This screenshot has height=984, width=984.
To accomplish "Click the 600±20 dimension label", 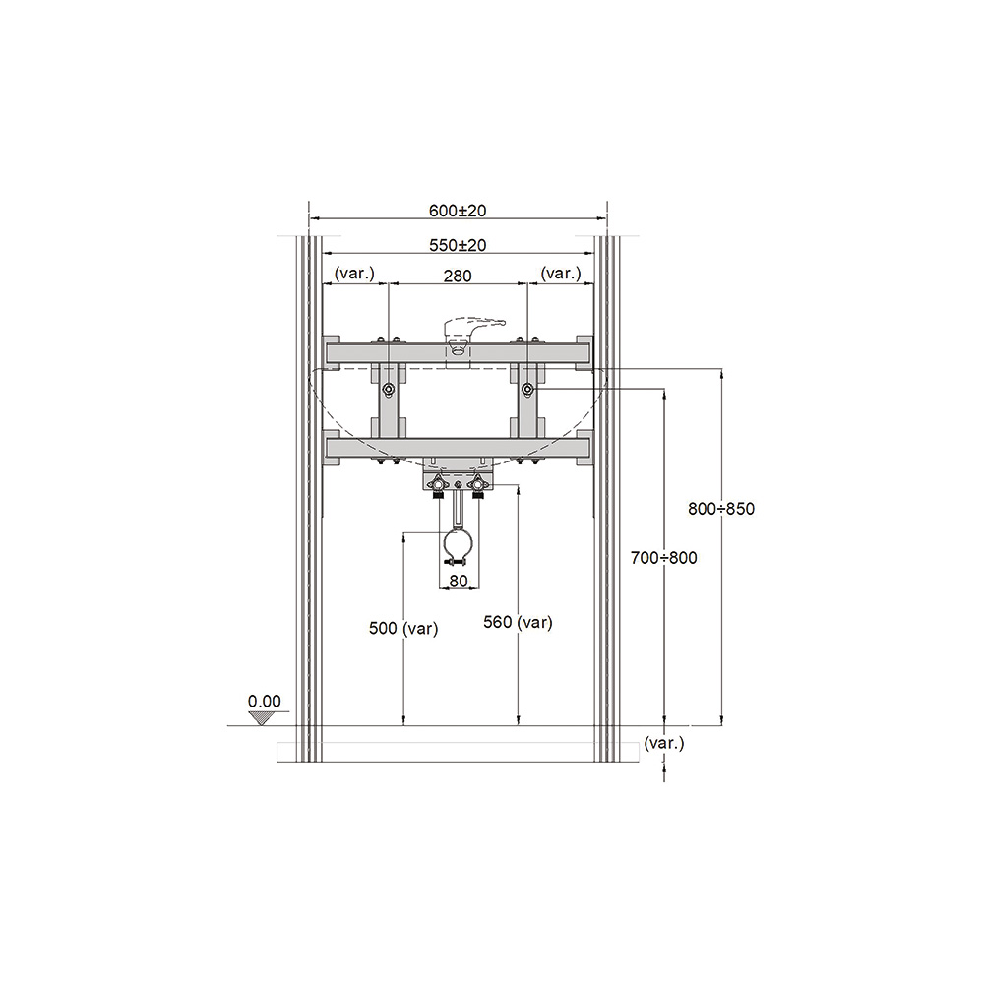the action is coord(458,211).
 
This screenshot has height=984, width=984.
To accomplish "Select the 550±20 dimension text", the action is coord(458,245).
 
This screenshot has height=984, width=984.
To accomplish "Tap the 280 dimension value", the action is coord(458,276).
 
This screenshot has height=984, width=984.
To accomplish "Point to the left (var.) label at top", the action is coord(354,273).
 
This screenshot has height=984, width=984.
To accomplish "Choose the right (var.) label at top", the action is coord(561,273).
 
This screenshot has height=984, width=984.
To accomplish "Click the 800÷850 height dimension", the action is coord(721,509).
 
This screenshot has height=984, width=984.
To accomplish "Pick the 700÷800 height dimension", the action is coord(663,557).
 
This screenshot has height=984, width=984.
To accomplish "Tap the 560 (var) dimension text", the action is coord(518,622).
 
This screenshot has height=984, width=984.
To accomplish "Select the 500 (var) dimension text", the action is coord(402,628).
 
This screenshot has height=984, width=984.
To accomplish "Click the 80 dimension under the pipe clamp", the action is coord(459,582).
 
